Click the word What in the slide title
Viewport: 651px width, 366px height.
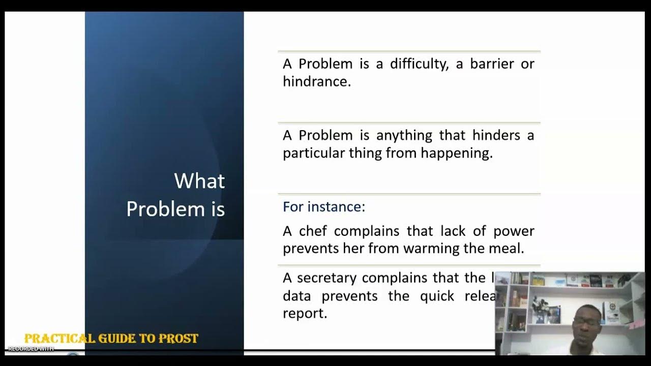[199, 181]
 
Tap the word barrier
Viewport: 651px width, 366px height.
[484, 65]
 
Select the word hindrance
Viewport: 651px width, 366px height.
[316, 82]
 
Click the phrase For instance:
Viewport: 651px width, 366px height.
[324, 207]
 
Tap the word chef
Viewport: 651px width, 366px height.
[313, 231]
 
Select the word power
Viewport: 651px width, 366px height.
[514, 231]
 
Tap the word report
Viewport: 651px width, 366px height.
[304, 313]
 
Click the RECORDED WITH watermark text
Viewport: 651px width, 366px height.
[31, 349]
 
